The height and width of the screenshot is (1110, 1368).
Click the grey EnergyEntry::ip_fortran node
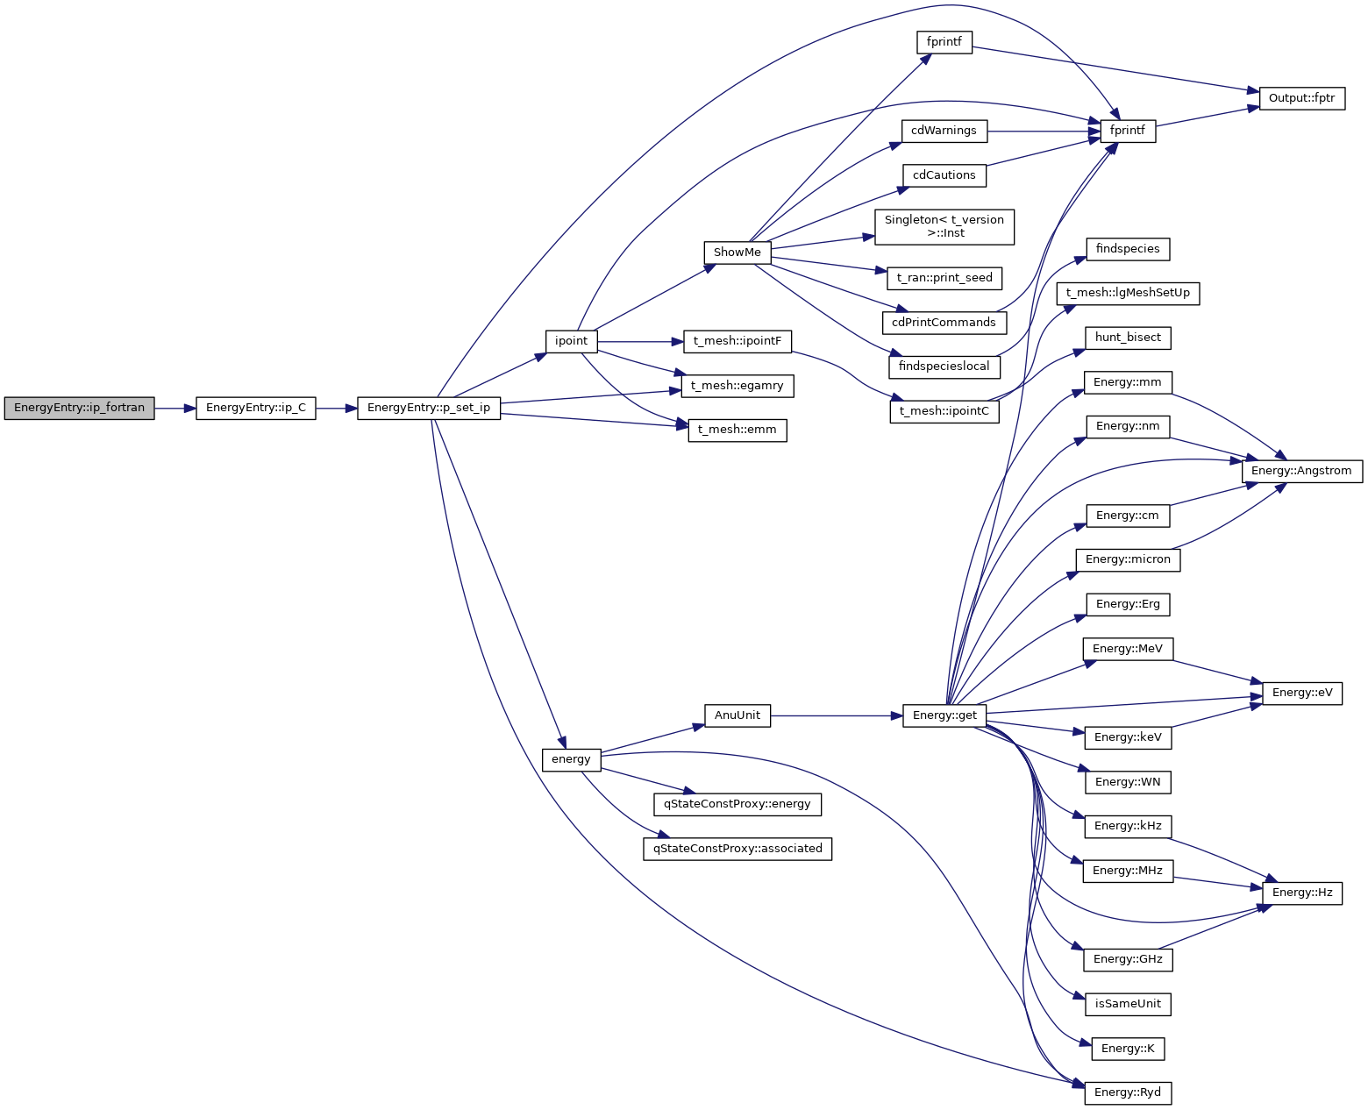(x=79, y=409)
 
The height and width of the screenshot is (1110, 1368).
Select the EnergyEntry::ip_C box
(x=255, y=409)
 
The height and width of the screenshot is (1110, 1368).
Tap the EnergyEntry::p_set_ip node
(x=429, y=409)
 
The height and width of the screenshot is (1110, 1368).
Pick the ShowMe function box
(x=737, y=253)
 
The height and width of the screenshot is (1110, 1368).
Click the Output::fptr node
(x=1301, y=98)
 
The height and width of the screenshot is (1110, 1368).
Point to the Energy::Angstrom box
(x=1301, y=471)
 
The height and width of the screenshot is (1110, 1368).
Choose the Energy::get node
(x=944, y=715)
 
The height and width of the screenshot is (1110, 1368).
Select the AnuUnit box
(x=737, y=715)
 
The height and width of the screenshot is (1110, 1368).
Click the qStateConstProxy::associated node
(x=737, y=849)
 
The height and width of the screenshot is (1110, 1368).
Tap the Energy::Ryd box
(x=1127, y=1092)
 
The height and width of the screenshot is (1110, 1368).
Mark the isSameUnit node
(x=1127, y=1004)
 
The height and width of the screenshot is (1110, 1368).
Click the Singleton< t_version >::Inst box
(x=944, y=226)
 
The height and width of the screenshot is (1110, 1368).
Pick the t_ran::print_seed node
(x=944, y=278)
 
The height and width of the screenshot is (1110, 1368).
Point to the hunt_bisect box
(x=1127, y=338)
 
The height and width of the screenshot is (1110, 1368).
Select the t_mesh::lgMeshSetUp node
(x=1127, y=293)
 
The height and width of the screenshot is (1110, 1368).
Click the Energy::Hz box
(x=1301, y=893)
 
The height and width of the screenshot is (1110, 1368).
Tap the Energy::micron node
(x=1127, y=559)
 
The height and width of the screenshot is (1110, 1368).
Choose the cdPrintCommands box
(x=944, y=323)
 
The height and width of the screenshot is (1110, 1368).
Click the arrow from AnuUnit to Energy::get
(x=837, y=715)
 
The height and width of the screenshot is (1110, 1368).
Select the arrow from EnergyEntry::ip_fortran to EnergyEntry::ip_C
(x=175, y=409)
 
